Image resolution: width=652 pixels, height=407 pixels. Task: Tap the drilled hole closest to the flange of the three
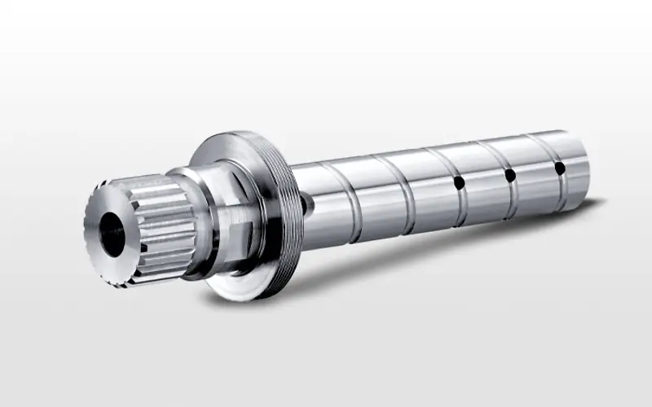coord(460,183)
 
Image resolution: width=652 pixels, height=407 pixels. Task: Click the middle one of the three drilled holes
coord(509,175)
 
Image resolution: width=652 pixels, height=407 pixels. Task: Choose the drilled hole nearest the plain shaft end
coord(559,168)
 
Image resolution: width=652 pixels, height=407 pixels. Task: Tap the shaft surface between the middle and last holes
coord(535,172)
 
